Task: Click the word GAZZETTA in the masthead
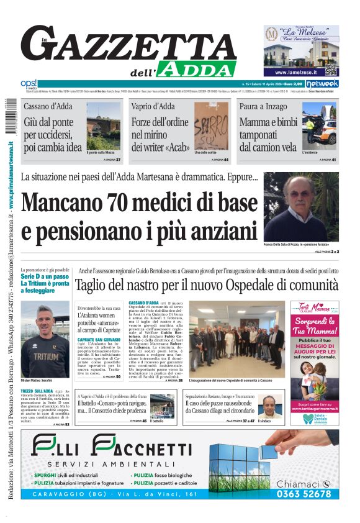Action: (133, 45)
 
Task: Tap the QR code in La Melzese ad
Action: (330, 70)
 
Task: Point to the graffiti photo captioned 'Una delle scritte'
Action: (212, 127)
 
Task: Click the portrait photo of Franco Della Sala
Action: (301, 207)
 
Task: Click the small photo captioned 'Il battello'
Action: (162, 405)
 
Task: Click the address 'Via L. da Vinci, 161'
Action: (160, 494)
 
